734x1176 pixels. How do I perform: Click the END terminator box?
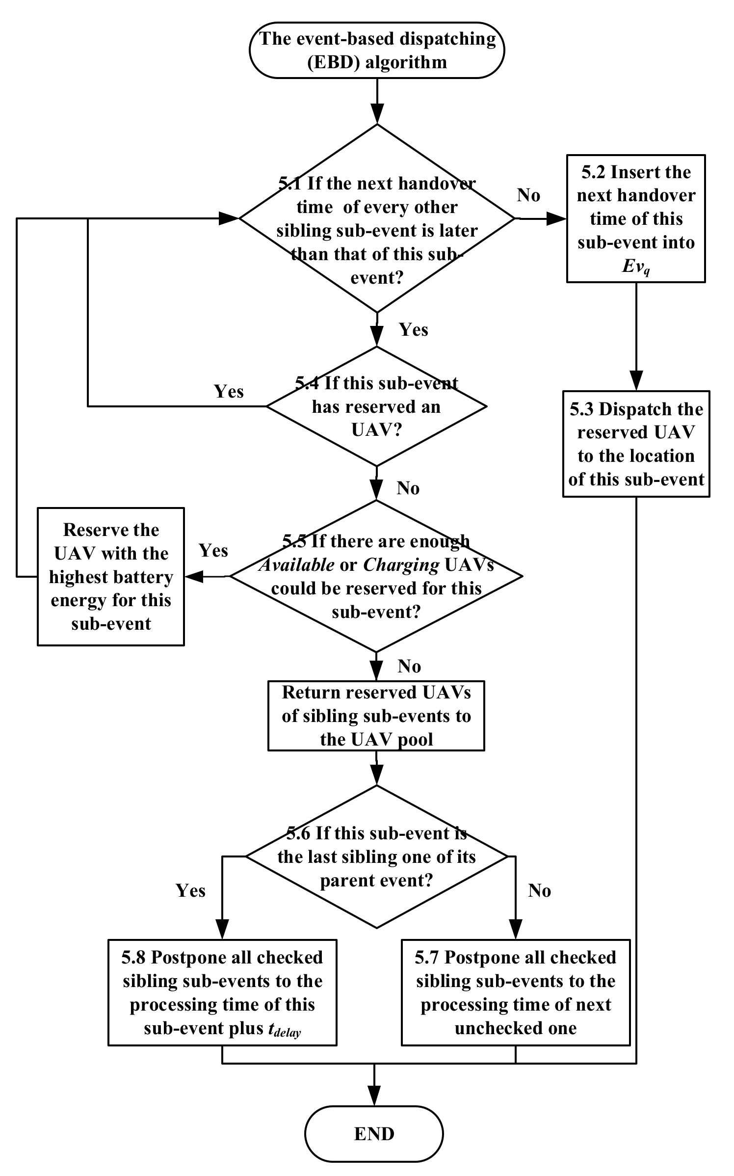click(374, 1134)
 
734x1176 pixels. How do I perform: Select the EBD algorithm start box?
click(377, 51)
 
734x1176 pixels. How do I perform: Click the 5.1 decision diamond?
click(377, 218)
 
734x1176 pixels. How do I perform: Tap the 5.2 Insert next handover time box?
click(636, 218)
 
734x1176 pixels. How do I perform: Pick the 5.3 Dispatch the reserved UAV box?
click(636, 444)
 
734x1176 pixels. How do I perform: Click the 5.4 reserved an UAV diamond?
click(376, 406)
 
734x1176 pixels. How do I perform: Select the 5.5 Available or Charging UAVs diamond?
click(376, 576)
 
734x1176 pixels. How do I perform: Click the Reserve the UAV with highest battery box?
click(111, 577)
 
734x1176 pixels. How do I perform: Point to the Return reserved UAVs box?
click(376, 715)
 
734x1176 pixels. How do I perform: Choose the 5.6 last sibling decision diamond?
click(376, 856)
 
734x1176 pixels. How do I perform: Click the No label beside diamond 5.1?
click(528, 195)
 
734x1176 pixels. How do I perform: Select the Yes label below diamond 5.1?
click(414, 329)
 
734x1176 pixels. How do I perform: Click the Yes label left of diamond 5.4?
click(229, 391)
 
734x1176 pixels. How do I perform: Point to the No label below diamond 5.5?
click(409, 666)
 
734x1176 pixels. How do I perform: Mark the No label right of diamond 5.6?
click(539, 890)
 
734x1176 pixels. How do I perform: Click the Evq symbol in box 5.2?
click(636, 267)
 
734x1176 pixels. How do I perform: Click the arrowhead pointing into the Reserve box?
click(194, 577)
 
